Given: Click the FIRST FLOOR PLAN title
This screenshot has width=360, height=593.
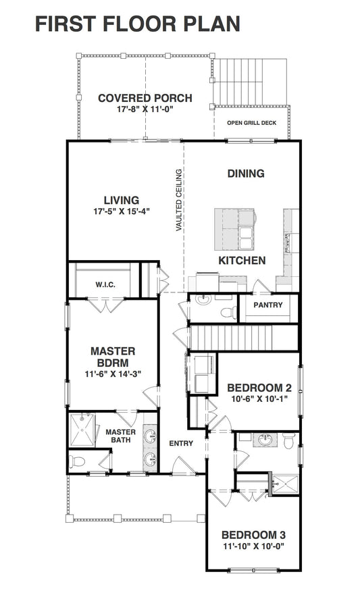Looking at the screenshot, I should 138,24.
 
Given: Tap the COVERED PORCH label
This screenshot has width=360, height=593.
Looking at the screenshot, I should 145,99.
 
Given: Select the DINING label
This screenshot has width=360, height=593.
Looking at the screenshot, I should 245,174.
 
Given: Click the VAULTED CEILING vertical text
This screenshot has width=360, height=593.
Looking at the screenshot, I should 179,201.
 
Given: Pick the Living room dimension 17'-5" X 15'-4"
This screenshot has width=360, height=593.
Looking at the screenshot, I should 122,211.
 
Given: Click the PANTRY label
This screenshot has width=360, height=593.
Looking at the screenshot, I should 267,305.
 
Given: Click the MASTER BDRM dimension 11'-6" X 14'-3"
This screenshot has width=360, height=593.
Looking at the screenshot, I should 112,374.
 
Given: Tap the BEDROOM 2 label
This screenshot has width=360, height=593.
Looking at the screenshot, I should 259,388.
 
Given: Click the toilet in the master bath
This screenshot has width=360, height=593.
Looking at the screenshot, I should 78,462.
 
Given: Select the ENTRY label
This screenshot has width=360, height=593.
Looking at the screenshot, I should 181,444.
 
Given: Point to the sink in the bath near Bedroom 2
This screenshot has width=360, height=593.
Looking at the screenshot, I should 265,441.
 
